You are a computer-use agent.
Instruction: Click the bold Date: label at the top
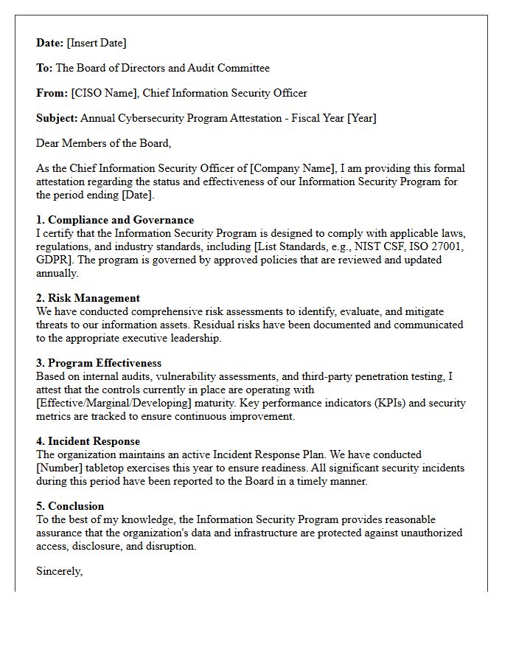tap(50, 43)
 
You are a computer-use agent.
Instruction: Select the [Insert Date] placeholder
tap(97, 43)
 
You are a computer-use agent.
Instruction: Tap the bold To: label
tap(44, 68)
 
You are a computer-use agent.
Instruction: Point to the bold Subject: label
tap(57, 118)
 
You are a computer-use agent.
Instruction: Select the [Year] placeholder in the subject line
tap(362, 118)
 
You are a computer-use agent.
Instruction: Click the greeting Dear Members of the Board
tap(103, 143)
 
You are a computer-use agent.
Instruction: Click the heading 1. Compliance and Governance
tap(115, 220)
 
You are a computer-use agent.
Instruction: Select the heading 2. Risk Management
tap(88, 298)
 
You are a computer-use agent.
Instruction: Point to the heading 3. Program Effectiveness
tap(99, 363)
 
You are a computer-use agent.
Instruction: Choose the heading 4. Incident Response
tap(88, 441)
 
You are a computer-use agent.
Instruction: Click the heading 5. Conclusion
tap(70, 506)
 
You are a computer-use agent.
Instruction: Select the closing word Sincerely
tap(59, 571)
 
